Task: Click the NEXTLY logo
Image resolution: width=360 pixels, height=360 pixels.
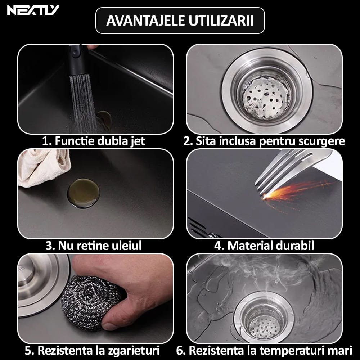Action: pos(32,10)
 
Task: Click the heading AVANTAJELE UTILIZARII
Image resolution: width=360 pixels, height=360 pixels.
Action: pos(180,21)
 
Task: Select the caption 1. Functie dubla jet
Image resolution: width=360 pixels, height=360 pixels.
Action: pos(94,141)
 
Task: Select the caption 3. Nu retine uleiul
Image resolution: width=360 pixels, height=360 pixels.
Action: pos(93,246)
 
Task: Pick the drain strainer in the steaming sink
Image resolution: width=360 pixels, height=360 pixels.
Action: pos(264,317)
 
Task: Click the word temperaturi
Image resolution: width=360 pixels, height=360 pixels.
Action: pos(294,350)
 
